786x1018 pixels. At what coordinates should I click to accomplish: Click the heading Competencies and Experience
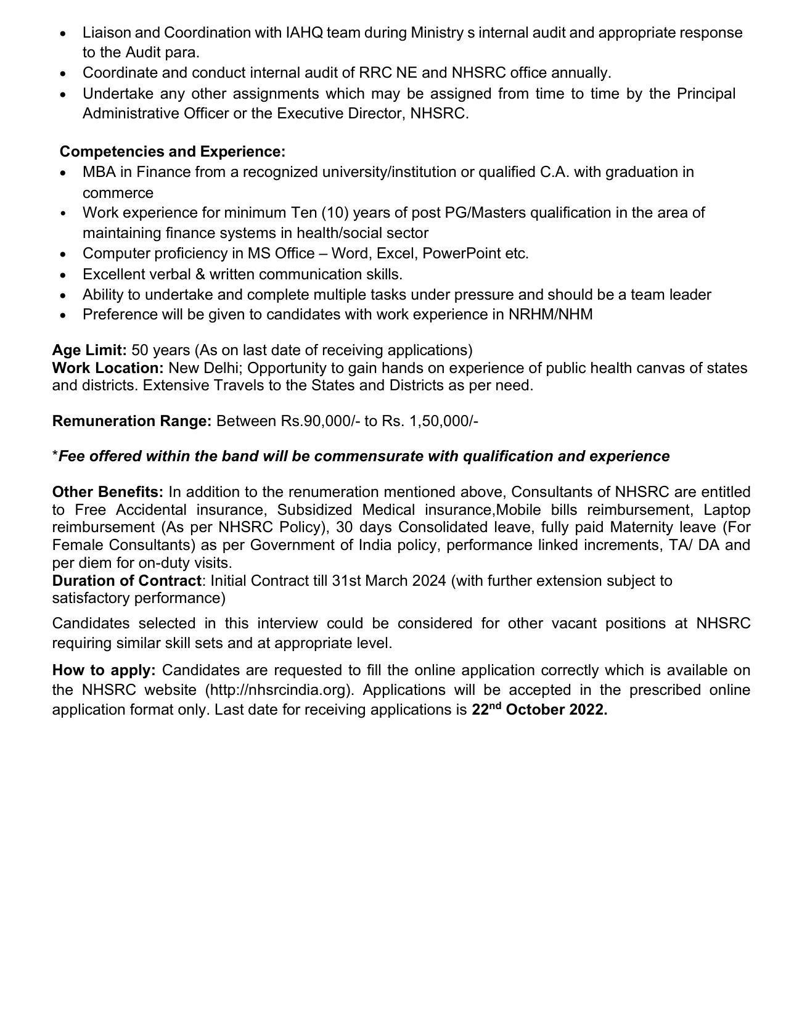tap(172, 152)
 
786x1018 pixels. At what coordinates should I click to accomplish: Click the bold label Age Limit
tap(89, 350)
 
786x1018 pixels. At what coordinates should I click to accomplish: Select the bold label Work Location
tap(108, 368)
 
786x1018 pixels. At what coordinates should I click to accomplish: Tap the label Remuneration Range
tap(132, 421)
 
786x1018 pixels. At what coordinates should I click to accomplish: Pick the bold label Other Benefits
tap(108, 492)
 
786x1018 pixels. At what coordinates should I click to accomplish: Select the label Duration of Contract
tap(126, 581)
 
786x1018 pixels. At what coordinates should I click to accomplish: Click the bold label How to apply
tap(104, 670)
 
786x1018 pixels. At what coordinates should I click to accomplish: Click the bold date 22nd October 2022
tap(539, 710)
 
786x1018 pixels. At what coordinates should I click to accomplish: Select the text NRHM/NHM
tap(551, 314)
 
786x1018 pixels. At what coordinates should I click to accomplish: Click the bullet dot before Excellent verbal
tap(63, 274)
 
